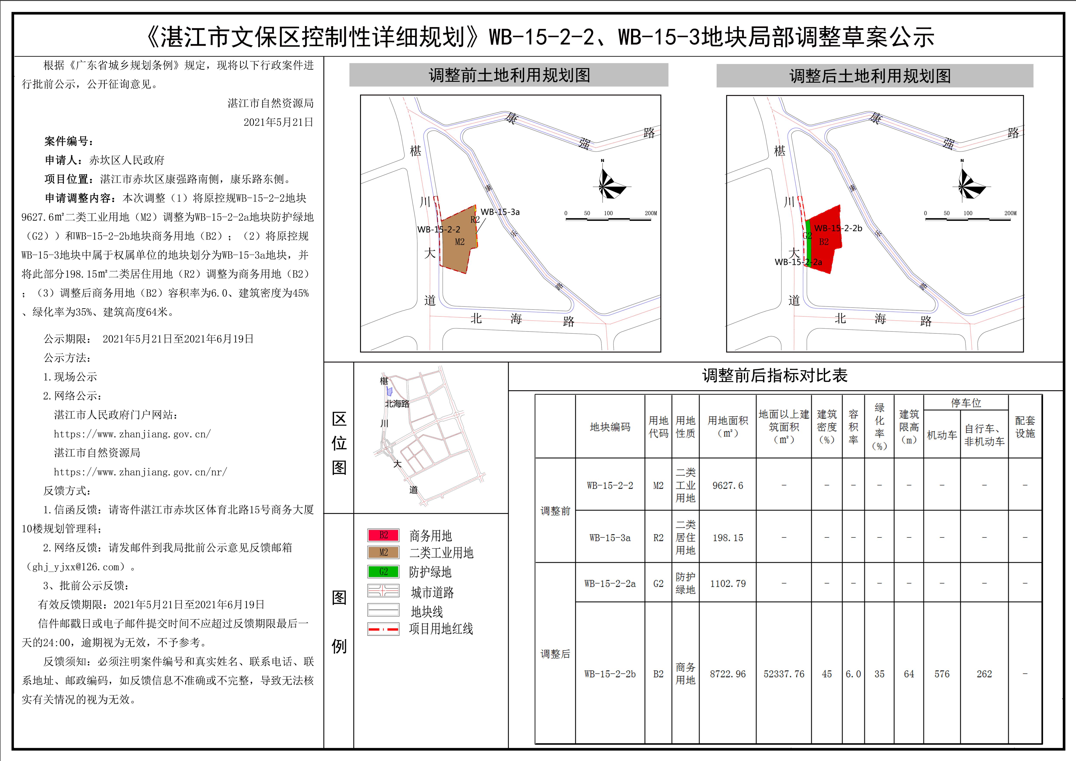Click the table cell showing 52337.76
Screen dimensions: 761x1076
[784, 674]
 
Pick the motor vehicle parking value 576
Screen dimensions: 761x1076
[941, 674]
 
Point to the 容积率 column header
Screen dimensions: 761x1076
[853, 427]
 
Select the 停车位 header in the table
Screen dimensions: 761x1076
[966, 403]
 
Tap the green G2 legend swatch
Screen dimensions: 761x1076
[383, 572]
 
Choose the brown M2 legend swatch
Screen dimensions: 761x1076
[383, 552]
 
